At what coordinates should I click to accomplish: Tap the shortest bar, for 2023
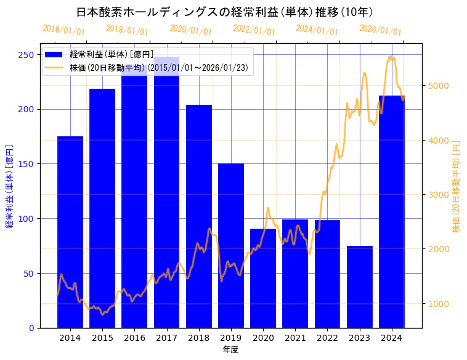pyautogui.click(x=360, y=287)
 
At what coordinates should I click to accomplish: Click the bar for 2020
pyautogui.click(x=263, y=278)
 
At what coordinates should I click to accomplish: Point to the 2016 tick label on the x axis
pyautogui.click(x=134, y=338)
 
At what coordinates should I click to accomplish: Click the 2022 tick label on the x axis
pyautogui.click(x=327, y=338)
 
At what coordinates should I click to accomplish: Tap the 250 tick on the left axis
pyautogui.click(x=26, y=55)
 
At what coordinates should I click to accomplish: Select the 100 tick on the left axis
pyautogui.click(x=26, y=219)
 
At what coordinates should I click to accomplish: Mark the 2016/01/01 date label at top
pyautogui.click(x=63, y=30)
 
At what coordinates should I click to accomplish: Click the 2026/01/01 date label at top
pyautogui.click(x=380, y=30)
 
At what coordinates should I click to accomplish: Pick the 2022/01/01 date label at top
pyautogui.click(x=254, y=30)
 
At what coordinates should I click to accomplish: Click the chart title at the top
pyautogui.click(x=225, y=12)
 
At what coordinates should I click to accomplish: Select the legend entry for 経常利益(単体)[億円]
pyautogui.click(x=111, y=55)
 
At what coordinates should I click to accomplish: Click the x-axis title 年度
pyautogui.click(x=231, y=350)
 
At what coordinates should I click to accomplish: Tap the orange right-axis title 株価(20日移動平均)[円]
pyautogui.click(x=457, y=185)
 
